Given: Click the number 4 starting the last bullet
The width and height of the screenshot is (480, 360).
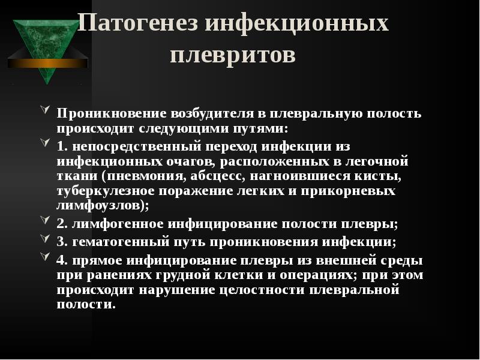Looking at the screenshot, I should click(61, 261).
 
